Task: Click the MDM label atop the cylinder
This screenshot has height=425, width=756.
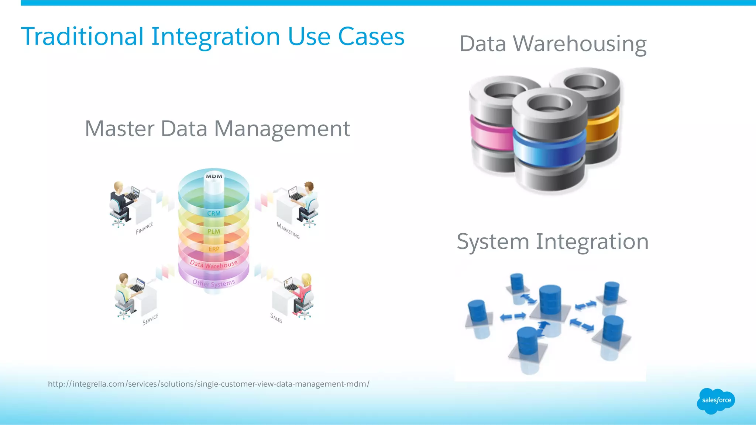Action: (x=214, y=176)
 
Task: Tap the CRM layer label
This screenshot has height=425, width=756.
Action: (x=214, y=213)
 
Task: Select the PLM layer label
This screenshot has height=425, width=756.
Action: (x=214, y=231)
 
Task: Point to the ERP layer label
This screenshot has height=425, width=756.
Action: (x=214, y=249)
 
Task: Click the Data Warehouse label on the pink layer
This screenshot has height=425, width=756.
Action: (x=214, y=264)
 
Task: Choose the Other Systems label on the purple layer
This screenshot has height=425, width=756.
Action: (x=214, y=283)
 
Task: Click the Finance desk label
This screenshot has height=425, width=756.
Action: (x=144, y=228)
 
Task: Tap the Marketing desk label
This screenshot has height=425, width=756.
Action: (x=288, y=230)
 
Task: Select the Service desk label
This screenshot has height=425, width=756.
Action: (x=150, y=319)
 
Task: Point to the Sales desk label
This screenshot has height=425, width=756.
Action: (x=276, y=318)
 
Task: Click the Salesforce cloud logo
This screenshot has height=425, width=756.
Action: (x=716, y=400)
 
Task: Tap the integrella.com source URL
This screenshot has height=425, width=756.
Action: (x=209, y=384)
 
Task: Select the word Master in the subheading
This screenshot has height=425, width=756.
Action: (x=120, y=129)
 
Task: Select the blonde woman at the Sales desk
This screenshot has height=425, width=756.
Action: (x=303, y=293)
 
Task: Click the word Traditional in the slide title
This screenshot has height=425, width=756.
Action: (x=82, y=36)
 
